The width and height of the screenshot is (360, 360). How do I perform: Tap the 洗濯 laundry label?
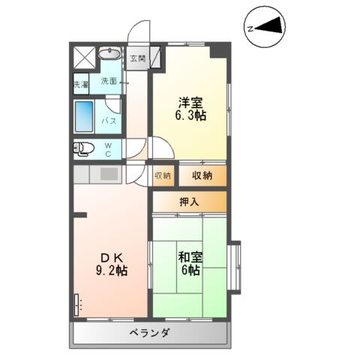click(x=80, y=84)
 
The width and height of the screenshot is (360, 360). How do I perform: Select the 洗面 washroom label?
click(x=109, y=81)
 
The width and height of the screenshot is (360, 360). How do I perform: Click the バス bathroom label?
click(x=108, y=121)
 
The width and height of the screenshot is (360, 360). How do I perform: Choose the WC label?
click(x=108, y=149)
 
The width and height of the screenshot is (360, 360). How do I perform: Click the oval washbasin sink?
click(x=110, y=55)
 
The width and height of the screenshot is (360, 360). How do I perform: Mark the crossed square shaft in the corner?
click(x=84, y=55)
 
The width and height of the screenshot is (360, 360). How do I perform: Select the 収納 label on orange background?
click(x=201, y=175)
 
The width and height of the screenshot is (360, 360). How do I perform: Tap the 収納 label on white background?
click(x=163, y=175)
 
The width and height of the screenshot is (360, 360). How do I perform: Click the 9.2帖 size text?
click(x=112, y=271)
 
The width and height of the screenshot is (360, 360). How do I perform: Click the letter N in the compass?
click(x=250, y=28)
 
